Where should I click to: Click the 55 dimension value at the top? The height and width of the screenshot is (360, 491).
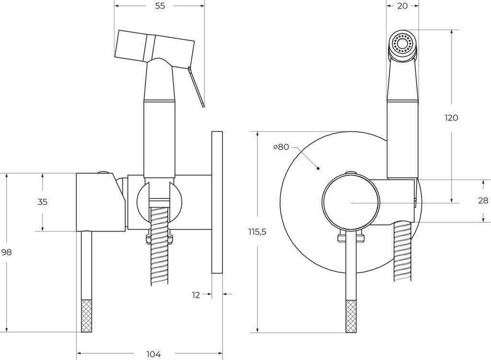pyautogui.click(x=160, y=6)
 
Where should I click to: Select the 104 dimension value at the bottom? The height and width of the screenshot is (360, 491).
pyautogui.click(x=153, y=354)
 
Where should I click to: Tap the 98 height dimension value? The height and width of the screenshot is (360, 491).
pyautogui.click(x=6, y=253)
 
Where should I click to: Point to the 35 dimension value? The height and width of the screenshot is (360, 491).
pyautogui.click(x=43, y=202)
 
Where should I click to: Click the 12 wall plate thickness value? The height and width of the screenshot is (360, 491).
pyautogui.click(x=196, y=295)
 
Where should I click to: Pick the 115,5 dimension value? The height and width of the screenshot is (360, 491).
pyautogui.click(x=257, y=232)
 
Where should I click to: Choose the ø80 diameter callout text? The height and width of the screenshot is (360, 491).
pyautogui.click(x=281, y=147)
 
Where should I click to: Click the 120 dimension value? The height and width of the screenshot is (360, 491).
pyautogui.click(x=451, y=118)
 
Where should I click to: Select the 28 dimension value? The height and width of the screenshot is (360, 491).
pyautogui.click(x=483, y=201)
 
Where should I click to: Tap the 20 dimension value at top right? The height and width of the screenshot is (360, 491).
pyautogui.click(x=402, y=6)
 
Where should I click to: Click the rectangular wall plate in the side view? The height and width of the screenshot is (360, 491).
pyautogui.click(x=217, y=201)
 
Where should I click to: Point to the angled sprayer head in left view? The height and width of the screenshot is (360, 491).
pyautogui.click(x=154, y=46)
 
